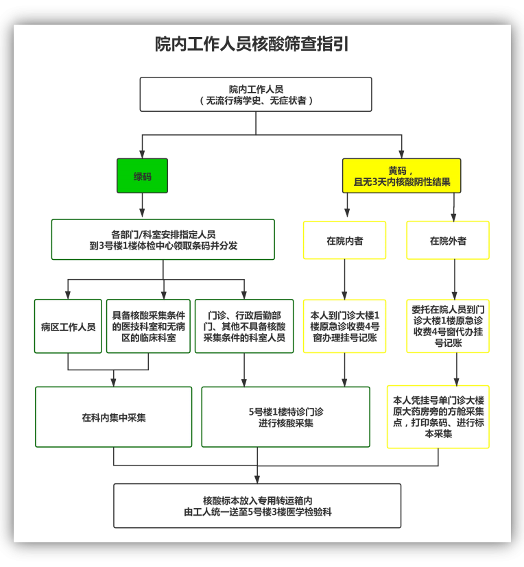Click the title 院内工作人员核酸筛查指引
pos(252,45)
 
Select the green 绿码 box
pos(142,176)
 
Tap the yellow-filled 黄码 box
pos(401,176)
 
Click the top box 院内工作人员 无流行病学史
pos(256,95)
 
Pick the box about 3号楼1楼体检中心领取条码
pos(163,239)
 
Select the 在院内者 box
pos(344,241)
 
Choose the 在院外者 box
pos(448,241)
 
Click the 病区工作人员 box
pos(68,326)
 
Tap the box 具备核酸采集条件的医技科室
pos(148,326)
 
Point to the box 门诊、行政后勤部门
pos(244,326)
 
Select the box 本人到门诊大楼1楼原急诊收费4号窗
pos(344,326)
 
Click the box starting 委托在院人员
pos(448,326)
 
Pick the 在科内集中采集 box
pos(114,417)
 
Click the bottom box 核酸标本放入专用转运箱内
pos(257,506)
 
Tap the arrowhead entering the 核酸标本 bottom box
pos(257,479)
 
